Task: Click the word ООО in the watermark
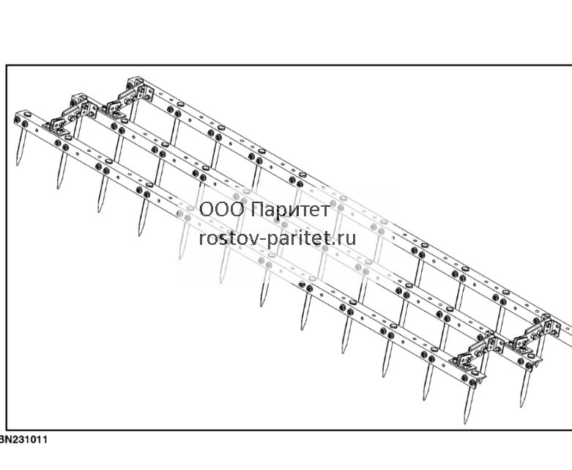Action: pyautogui.click(x=221, y=210)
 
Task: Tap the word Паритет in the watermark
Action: pyautogui.click(x=291, y=210)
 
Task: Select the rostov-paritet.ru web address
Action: pyautogui.click(x=278, y=239)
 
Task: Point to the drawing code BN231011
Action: pyautogui.click(x=23, y=439)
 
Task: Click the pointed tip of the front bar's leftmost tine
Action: pyautogui.click(x=18, y=165)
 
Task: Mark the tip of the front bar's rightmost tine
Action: pyautogui.click(x=466, y=424)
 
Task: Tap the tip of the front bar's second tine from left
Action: pyautogui.click(x=59, y=188)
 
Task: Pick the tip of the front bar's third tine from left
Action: pyautogui.click(x=99, y=212)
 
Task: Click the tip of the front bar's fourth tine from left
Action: pyautogui.click(x=139, y=235)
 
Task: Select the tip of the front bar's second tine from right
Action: pyautogui.click(x=425, y=400)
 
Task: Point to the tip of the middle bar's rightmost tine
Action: pyautogui.click(x=522, y=406)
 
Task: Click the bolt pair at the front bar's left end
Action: pyautogui.click(x=22, y=121)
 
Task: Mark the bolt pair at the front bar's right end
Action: pyautogui.click(x=469, y=380)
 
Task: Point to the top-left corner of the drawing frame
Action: pyautogui.click(x=6, y=65)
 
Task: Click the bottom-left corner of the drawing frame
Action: pyautogui.click(x=6, y=430)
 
